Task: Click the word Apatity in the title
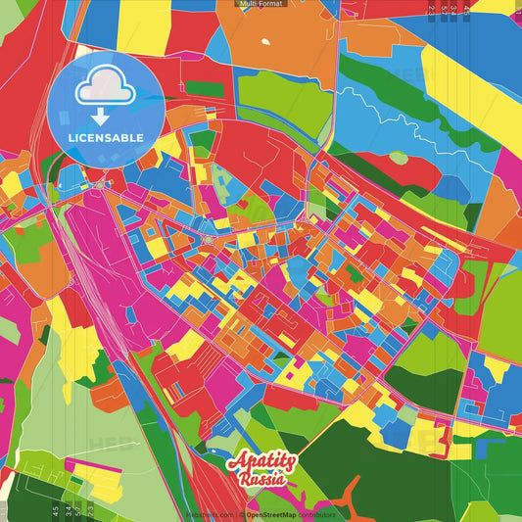tap(260, 464)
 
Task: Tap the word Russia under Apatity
tap(261, 480)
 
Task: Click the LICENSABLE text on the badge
tap(105, 136)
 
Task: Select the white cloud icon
tap(106, 89)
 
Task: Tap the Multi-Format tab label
tap(261, 5)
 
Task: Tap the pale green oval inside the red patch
tap(399, 157)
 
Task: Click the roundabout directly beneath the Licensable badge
tap(100, 183)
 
